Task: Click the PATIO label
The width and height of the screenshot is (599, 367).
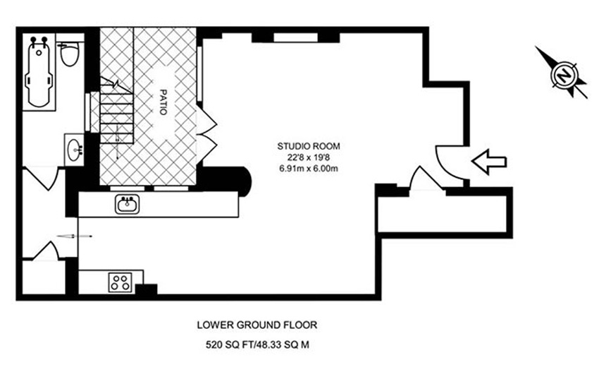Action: pos(163,102)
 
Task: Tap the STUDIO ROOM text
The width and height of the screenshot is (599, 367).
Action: pos(308,146)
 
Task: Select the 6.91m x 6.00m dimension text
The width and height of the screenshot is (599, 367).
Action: pos(308,169)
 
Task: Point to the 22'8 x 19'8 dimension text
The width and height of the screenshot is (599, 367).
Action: pos(308,157)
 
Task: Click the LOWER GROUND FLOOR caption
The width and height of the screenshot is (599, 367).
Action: pos(257,325)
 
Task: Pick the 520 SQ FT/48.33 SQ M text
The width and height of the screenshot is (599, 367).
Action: pos(257,345)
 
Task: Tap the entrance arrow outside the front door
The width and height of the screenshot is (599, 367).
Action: pos(489,162)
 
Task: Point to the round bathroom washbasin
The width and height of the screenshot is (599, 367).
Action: pos(74,150)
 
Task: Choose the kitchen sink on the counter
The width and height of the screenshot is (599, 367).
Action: pos(128,205)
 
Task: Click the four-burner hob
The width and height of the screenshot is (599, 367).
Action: pos(120,282)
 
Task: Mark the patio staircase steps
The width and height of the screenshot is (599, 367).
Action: pos(116,111)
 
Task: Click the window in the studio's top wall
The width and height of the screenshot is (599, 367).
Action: pos(296,37)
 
